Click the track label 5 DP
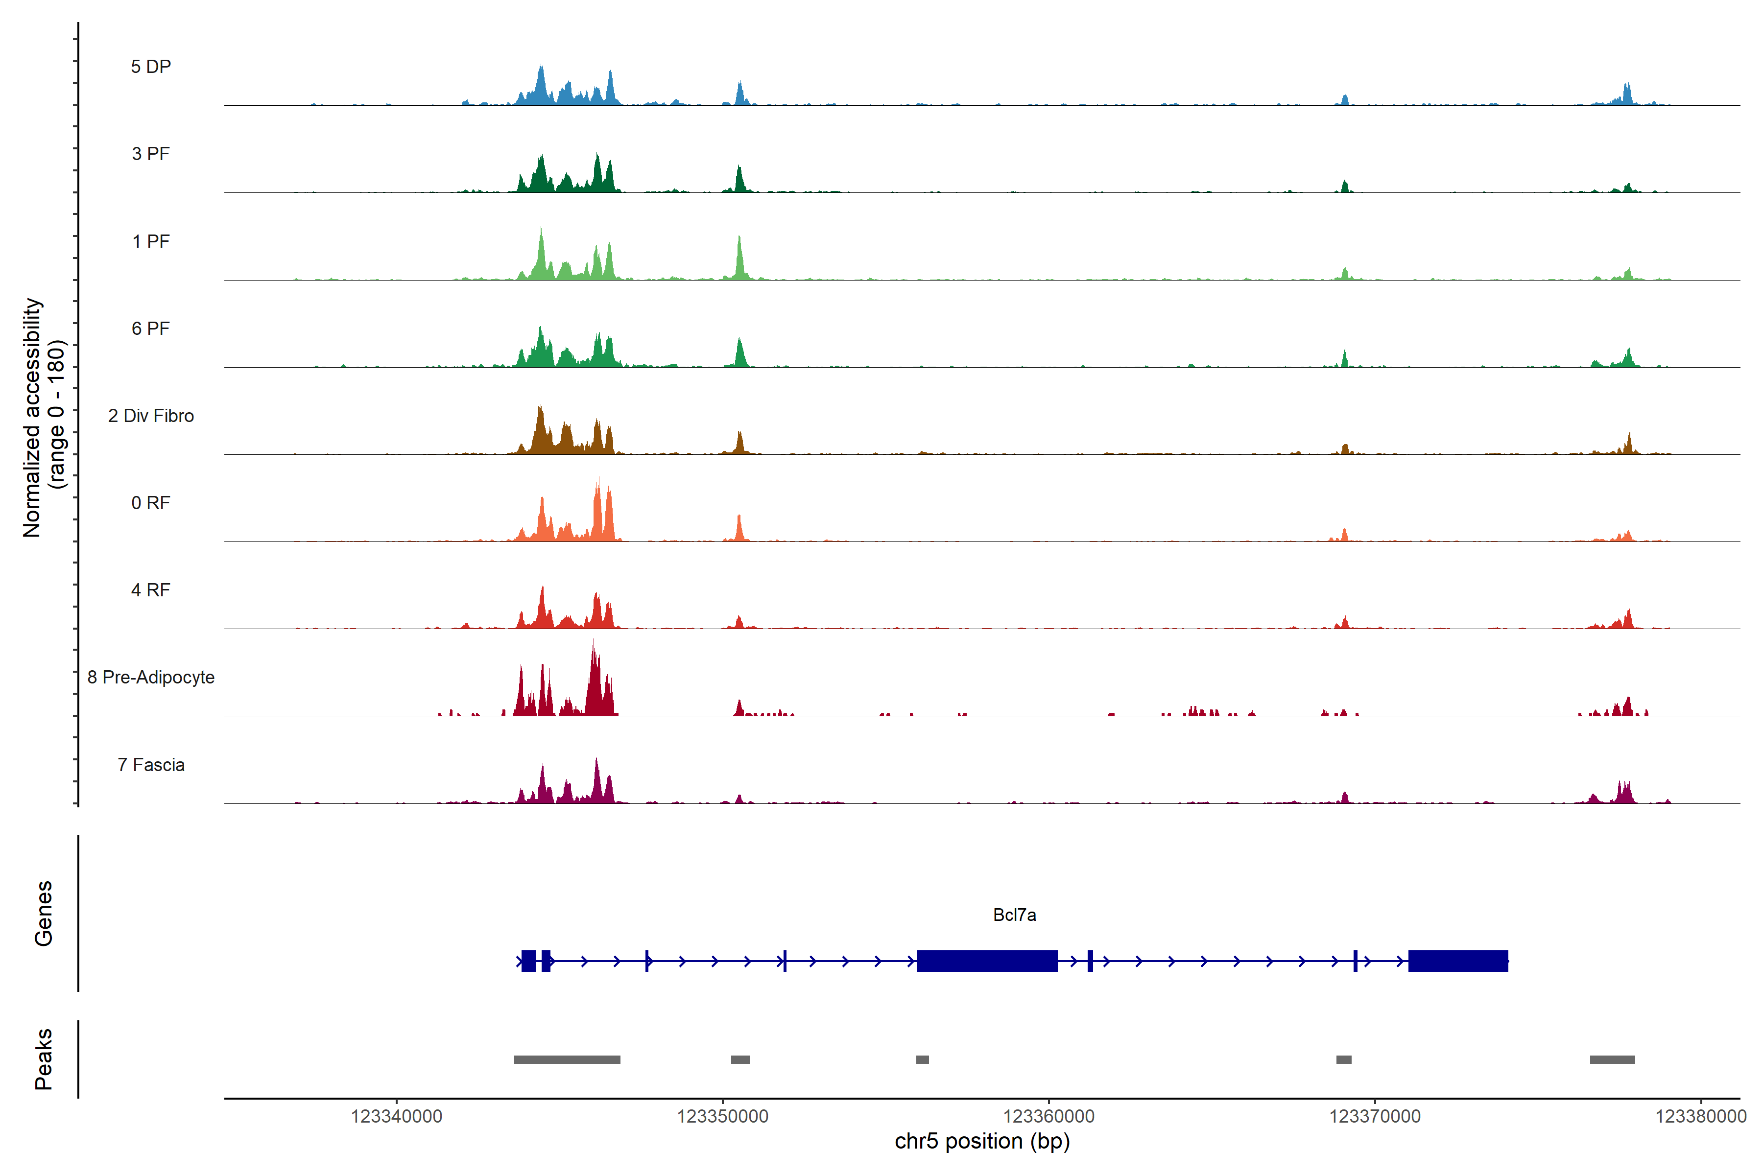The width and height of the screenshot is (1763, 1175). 151,67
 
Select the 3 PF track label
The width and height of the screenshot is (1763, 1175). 151,154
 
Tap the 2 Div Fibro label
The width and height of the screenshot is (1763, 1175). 151,416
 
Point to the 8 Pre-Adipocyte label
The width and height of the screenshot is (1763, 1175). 151,678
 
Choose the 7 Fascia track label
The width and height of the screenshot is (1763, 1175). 151,765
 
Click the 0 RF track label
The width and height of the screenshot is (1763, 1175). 151,503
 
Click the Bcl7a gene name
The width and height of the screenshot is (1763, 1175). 1014,915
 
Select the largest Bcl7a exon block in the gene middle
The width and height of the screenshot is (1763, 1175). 986,961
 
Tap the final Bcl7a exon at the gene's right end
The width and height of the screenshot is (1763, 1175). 1458,961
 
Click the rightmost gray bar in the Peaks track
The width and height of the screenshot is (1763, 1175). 1612,1059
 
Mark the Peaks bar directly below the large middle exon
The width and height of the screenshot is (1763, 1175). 922,1059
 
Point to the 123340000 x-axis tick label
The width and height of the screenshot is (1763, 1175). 397,1117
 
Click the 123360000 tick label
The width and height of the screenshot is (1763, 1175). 1048,1117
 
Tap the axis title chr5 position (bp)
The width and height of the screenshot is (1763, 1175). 982,1141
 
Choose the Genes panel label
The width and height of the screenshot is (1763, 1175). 44,914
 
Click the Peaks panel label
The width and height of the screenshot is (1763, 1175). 44,1059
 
